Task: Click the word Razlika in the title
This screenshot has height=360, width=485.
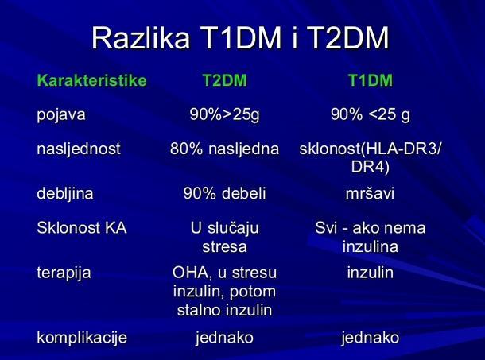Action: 141,37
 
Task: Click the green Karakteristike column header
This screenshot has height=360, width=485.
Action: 92,80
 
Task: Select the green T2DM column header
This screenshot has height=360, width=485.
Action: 225,80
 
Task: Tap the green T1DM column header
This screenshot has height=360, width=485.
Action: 371,80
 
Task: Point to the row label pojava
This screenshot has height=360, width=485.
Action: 61,115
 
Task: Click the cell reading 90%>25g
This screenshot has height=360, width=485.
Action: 225,114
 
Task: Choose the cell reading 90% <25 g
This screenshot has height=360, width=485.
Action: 371,114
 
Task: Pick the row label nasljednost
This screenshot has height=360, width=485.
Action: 79,149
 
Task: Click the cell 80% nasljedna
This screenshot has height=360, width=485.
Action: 224,149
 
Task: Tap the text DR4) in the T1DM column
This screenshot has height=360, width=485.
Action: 371,168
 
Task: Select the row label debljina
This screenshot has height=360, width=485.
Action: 65,194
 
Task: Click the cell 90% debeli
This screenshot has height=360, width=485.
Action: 225,194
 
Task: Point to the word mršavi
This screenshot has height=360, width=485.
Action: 371,194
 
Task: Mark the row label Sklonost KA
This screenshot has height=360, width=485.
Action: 82,228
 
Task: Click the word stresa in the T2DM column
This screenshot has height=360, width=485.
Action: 225,247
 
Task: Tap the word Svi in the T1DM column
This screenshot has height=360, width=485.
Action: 326,228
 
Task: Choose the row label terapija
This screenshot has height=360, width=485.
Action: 64,273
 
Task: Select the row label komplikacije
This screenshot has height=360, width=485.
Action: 82,338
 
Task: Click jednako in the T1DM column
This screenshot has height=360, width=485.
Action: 371,338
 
